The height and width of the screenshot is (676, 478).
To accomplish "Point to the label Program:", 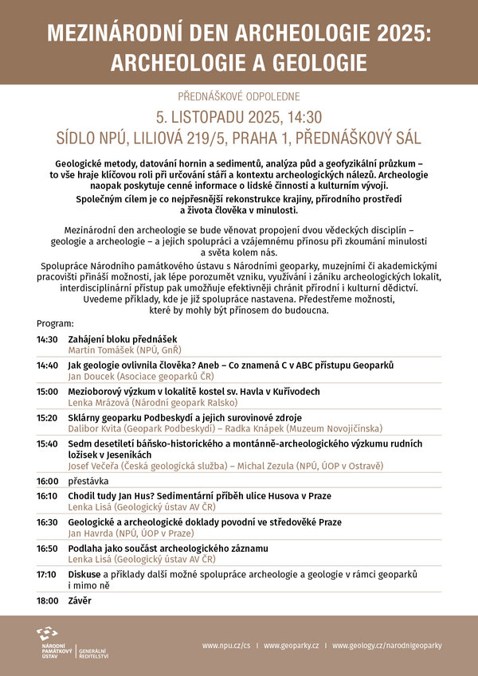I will point(55,324).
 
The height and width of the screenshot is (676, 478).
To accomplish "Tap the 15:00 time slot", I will point(47,391).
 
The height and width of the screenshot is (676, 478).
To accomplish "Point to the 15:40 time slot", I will point(47,443).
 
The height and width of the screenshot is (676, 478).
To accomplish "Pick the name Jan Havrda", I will point(92,533).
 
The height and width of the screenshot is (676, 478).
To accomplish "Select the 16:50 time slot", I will point(47,548).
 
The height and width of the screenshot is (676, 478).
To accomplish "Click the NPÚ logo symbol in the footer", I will point(47,635).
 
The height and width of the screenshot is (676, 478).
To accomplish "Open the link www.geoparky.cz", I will point(291,646).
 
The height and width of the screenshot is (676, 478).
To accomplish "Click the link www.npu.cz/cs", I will point(225,646).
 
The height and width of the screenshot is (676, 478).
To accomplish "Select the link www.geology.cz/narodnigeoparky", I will point(386,646).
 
